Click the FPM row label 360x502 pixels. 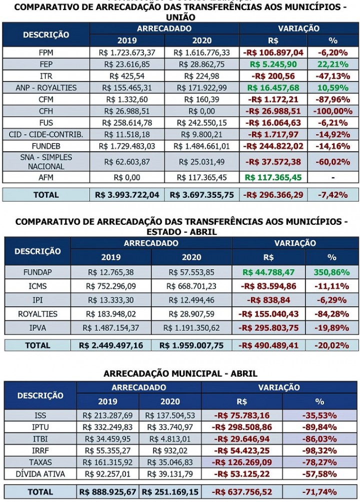pyautogui.click(x=46, y=52)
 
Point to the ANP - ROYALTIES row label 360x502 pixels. pyautogui.click(x=46, y=87)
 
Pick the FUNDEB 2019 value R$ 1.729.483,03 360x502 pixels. pyautogui.click(x=127, y=146)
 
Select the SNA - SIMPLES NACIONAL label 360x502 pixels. pyautogui.click(x=46, y=161)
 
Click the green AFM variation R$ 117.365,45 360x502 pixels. pyautogui.click(x=273, y=177)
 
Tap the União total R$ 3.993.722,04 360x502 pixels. pyautogui.click(x=127, y=195)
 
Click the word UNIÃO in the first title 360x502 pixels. pyautogui.click(x=180, y=17)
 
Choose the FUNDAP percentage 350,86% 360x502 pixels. pyautogui.click(x=332, y=272)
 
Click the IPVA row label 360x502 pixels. pyautogui.click(x=37, y=328)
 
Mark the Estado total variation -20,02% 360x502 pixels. pyautogui.click(x=332, y=345)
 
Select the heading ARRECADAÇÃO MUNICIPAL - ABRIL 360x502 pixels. pyautogui.click(x=180, y=374)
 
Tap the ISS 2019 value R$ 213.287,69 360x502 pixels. pyautogui.click(x=108, y=415)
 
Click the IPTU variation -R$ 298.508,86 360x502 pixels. pyautogui.click(x=242, y=427)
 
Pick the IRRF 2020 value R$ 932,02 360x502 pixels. pyautogui.click(x=170, y=450)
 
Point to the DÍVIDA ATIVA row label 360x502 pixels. pyautogui.click(x=40, y=474)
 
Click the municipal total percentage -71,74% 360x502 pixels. pyautogui.click(x=320, y=492)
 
